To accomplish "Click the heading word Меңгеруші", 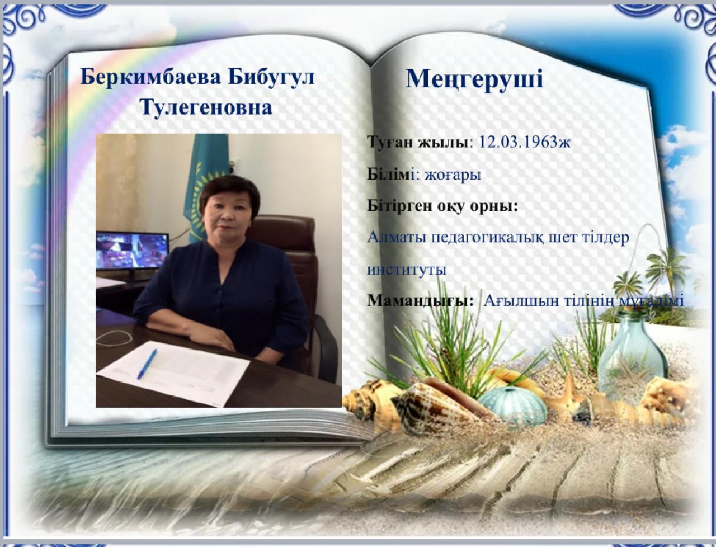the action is (x=474, y=80).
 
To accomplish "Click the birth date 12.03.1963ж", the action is (x=524, y=142).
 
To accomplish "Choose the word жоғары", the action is (x=453, y=175).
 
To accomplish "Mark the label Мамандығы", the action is (x=420, y=300).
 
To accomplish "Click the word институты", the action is (x=407, y=270).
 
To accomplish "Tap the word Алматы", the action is (x=397, y=237).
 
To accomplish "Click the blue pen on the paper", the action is (x=147, y=364).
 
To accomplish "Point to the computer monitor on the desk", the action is (x=132, y=256).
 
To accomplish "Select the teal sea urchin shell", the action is (x=514, y=405).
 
